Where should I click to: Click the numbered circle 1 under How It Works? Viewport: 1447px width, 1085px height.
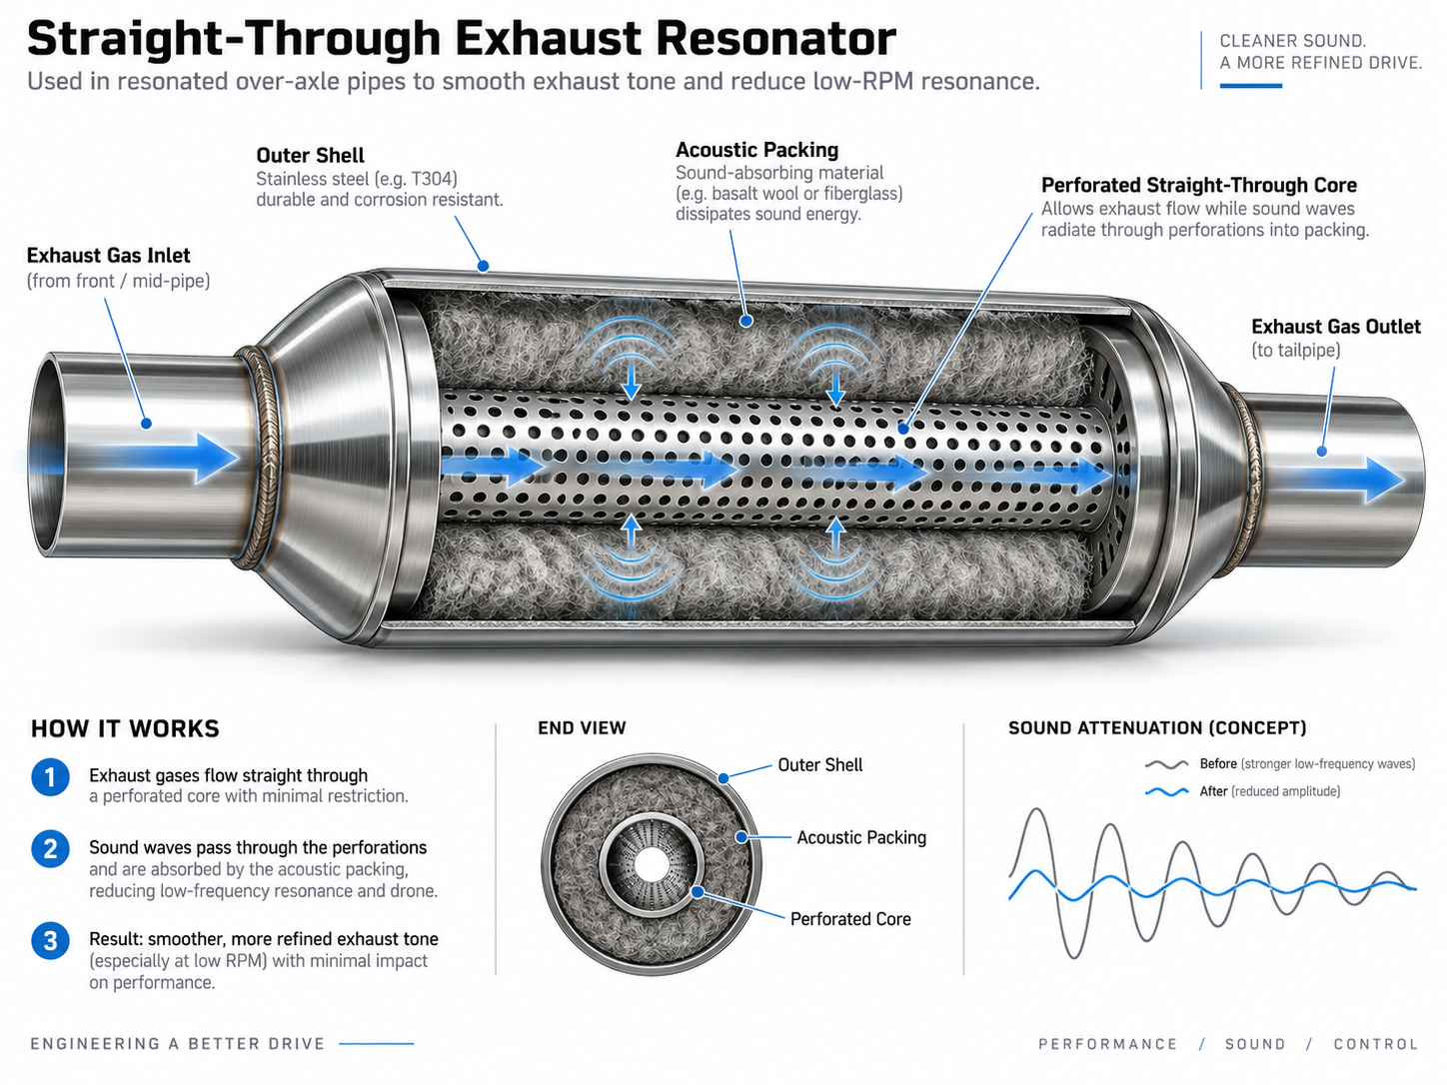tap(50, 777)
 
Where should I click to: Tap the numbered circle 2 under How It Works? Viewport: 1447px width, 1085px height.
tap(50, 848)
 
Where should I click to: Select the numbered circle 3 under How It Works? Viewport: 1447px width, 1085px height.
tap(50, 941)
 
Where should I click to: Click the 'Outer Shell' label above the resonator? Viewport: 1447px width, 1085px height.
tap(310, 156)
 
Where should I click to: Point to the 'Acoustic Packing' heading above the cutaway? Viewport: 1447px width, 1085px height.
tap(756, 150)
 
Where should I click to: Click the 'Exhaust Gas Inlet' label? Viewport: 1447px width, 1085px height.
tap(108, 256)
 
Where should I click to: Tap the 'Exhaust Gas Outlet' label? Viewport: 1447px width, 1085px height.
tap(1336, 327)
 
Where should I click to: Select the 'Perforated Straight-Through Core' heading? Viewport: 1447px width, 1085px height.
tap(1198, 185)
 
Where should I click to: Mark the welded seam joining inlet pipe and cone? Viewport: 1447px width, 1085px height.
tap(261, 458)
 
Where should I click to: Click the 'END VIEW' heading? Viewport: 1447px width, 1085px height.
tap(582, 728)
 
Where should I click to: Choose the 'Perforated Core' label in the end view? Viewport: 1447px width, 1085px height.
tap(850, 919)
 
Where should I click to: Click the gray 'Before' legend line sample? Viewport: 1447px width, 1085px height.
tap(1167, 765)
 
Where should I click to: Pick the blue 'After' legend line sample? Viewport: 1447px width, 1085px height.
tap(1167, 792)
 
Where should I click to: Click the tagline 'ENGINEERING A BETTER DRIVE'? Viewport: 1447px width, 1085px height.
tap(178, 1044)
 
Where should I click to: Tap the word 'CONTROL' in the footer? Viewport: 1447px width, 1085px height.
tap(1376, 1044)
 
